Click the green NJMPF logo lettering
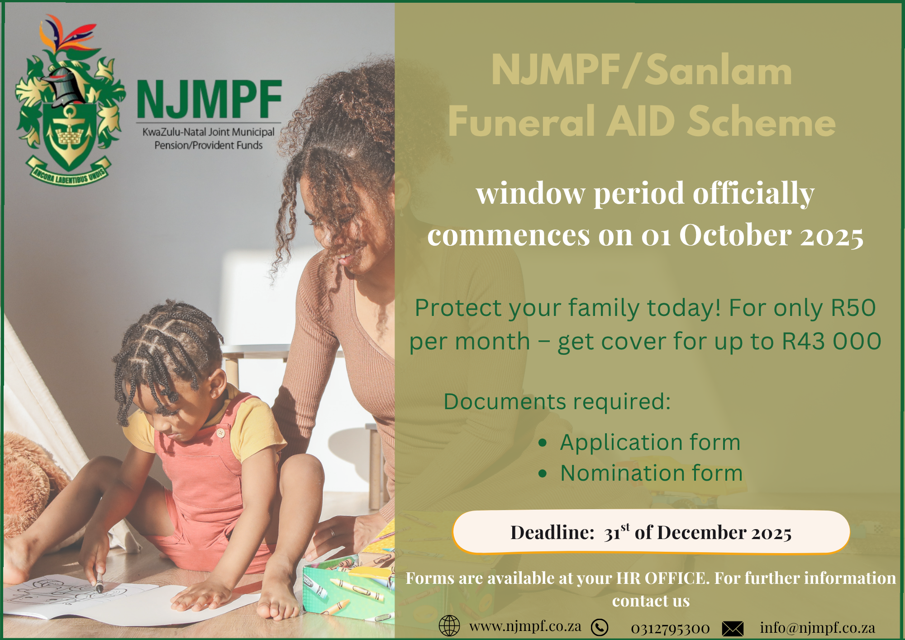click(x=209, y=99)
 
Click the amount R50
click(x=853, y=308)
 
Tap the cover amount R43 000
click(x=832, y=341)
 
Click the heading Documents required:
click(x=557, y=401)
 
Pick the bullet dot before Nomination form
click(x=543, y=474)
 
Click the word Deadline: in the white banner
click(x=552, y=533)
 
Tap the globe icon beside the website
click(x=449, y=626)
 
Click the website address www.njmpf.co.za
click(x=525, y=626)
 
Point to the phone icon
click(x=600, y=627)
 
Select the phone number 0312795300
click(x=670, y=628)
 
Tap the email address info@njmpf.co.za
click(x=817, y=628)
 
